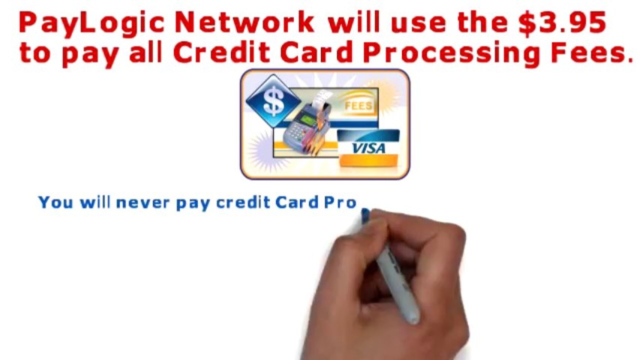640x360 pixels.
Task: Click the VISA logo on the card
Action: pos(369,148)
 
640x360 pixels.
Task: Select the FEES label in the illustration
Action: pos(358,105)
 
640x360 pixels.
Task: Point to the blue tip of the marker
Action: pos(365,215)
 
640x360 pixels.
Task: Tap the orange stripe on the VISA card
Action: pos(369,160)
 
